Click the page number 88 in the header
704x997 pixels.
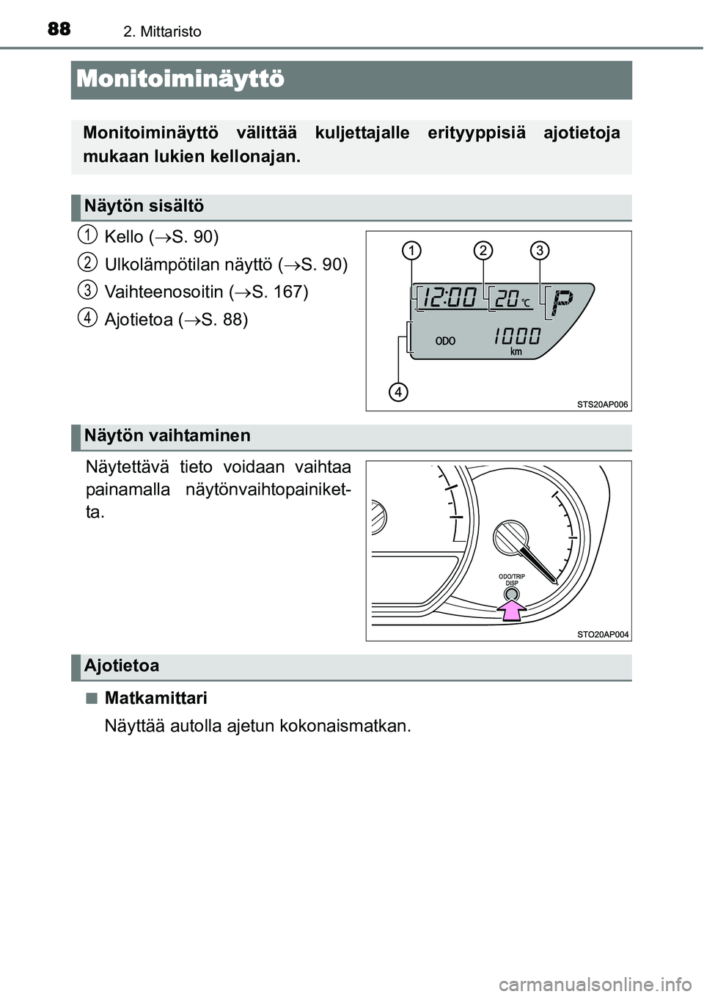click(x=59, y=29)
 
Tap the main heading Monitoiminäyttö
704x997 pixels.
click(x=180, y=80)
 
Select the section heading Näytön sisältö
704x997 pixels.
click(x=144, y=206)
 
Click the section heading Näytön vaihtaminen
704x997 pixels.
click(x=167, y=435)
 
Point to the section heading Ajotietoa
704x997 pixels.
click(x=122, y=666)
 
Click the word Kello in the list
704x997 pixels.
click(x=124, y=237)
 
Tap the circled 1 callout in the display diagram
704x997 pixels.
click(x=412, y=251)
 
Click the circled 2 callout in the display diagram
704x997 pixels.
click(x=483, y=251)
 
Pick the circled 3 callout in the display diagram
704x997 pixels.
click(x=540, y=251)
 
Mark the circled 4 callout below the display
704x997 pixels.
click(x=398, y=392)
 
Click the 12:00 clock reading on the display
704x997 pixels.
click(x=450, y=298)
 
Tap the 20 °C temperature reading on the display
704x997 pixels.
click(x=513, y=298)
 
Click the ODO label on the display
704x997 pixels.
click(x=445, y=342)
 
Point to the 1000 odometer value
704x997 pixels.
click(x=518, y=336)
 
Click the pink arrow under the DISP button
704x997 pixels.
click(x=513, y=610)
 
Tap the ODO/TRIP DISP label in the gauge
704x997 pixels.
click(x=512, y=579)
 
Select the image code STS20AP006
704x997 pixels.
click(x=603, y=405)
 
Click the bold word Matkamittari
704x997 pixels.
click(x=156, y=699)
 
